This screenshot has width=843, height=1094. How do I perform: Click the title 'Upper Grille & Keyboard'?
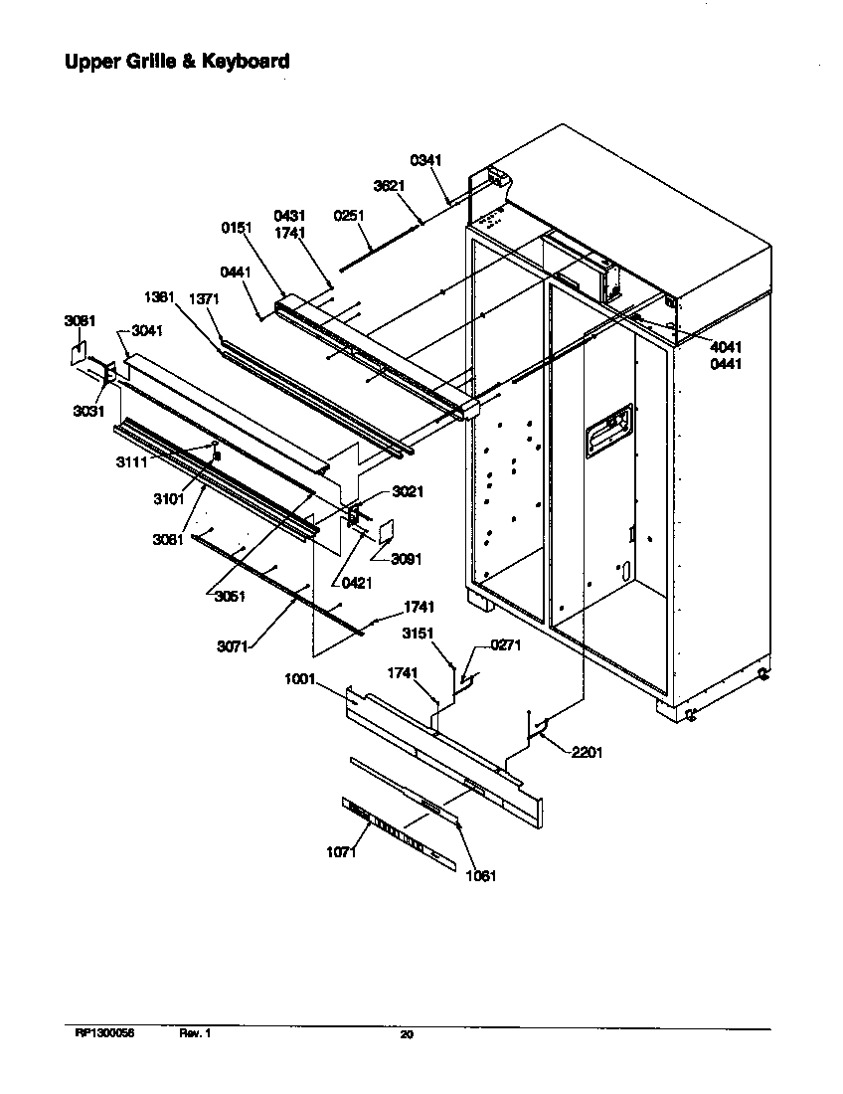[x=177, y=62]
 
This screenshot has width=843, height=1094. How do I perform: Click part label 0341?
[x=425, y=160]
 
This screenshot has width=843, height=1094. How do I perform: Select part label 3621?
[x=388, y=186]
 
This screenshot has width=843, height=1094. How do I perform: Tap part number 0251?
[x=349, y=215]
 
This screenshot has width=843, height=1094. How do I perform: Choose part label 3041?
[x=146, y=330]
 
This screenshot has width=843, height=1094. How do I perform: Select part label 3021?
[x=408, y=491]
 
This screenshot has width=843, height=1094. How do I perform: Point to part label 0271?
[x=506, y=645]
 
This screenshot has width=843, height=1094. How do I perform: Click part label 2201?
[x=587, y=753]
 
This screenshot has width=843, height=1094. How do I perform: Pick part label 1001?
[x=299, y=680]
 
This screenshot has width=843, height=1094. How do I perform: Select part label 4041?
[x=726, y=346]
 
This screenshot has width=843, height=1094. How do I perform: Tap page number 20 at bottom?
[x=406, y=1035]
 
